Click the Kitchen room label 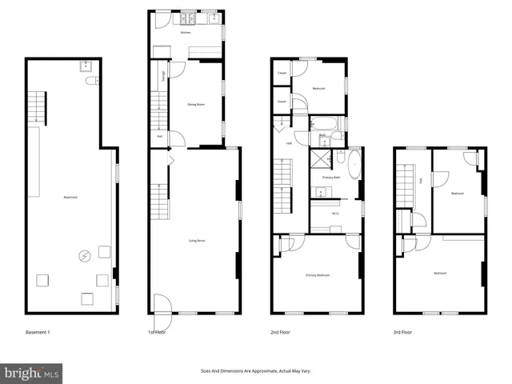(x=185, y=33)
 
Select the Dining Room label (x=193, y=104)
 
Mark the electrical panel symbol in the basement (x=84, y=256)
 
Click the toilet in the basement (x=90, y=79)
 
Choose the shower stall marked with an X (x=321, y=158)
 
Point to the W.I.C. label (x=336, y=212)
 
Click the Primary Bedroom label (x=318, y=275)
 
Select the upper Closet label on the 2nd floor (x=282, y=74)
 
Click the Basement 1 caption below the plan (x=38, y=331)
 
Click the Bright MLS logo (x=31, y=373)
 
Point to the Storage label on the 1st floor (x=164, y=77)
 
